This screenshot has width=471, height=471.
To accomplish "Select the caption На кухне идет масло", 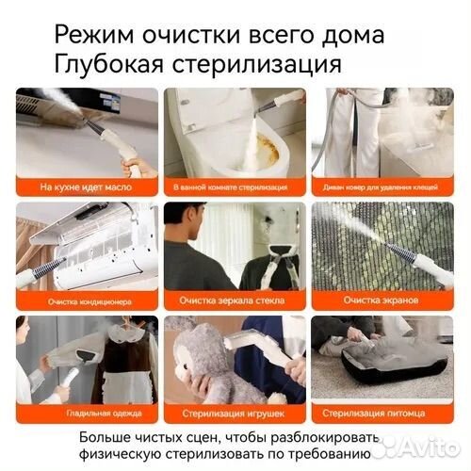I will point(87,187).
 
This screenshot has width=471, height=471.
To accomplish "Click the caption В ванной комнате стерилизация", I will point(235,187).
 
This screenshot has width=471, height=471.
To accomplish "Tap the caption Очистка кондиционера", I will point(87,301).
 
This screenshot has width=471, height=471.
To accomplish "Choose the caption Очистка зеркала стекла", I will point(235,301).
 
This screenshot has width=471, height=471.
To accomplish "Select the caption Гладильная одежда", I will point(87,413).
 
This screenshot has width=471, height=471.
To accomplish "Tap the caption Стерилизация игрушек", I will point(235,413).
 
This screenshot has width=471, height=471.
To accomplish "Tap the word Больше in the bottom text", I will point(106,437).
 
